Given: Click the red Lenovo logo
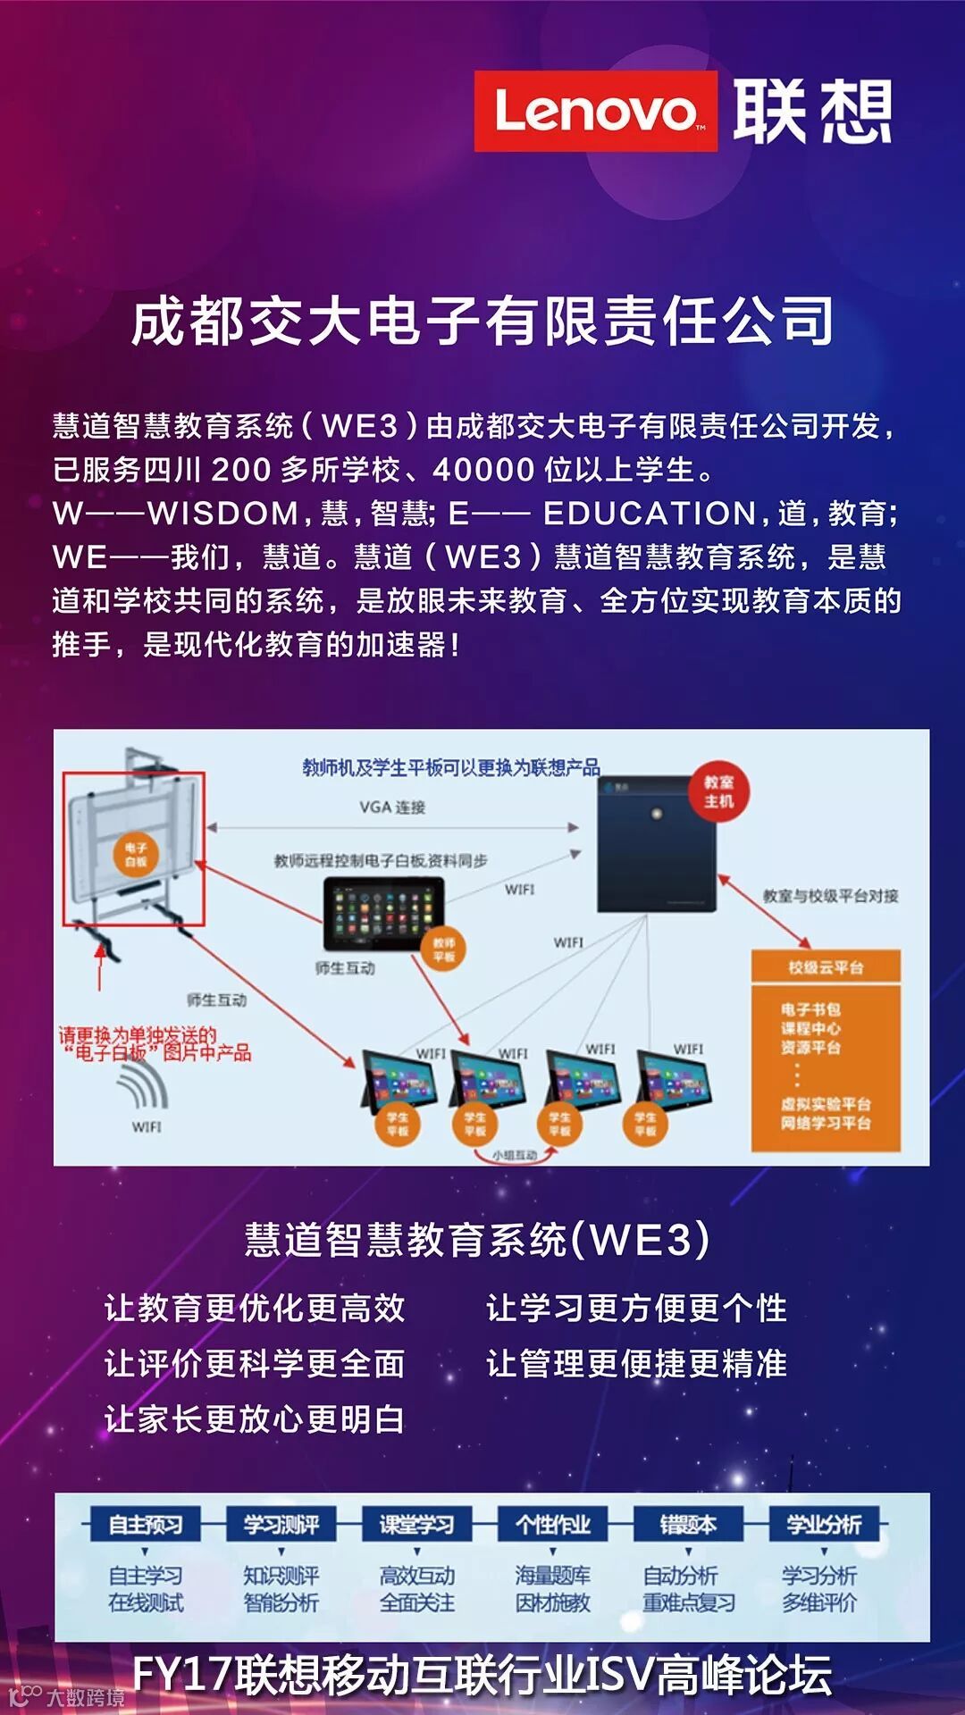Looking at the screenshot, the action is (x=595, y=112).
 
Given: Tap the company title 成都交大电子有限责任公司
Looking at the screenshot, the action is (x=482, y=321).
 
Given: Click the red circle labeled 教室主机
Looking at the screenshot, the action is (x=718, y=792).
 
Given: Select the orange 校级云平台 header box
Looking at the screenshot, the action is (x=826, y=966).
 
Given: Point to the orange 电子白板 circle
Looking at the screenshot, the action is (x=136, y=855).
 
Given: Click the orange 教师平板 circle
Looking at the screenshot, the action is (x=444, y=950).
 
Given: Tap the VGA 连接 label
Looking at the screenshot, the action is (x=392, y=807).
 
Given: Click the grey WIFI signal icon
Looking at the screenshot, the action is (x=143, y=1084).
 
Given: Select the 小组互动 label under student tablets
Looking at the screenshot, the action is (x=515, y=1155).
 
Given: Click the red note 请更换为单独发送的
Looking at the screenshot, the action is (x=138, y=1035).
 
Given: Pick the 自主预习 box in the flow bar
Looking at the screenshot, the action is (x=146, y=1524).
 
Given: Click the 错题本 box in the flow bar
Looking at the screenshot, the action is (x=688, y=1524).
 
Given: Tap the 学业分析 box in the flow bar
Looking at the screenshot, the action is (x=824, y=1524).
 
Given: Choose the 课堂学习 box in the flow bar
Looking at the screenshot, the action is (x=417, y=1524).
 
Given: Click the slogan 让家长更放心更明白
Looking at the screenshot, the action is (x=255, y=1419).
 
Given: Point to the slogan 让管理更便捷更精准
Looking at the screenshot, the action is (x=636, y=1364).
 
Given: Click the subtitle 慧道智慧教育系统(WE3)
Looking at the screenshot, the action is (x=478, y=1240).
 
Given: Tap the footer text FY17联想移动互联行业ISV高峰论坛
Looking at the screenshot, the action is (x=482, y=1674).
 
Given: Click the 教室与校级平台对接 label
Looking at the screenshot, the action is (x=830, y=896).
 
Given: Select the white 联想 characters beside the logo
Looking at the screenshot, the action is (x=812, y=112).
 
